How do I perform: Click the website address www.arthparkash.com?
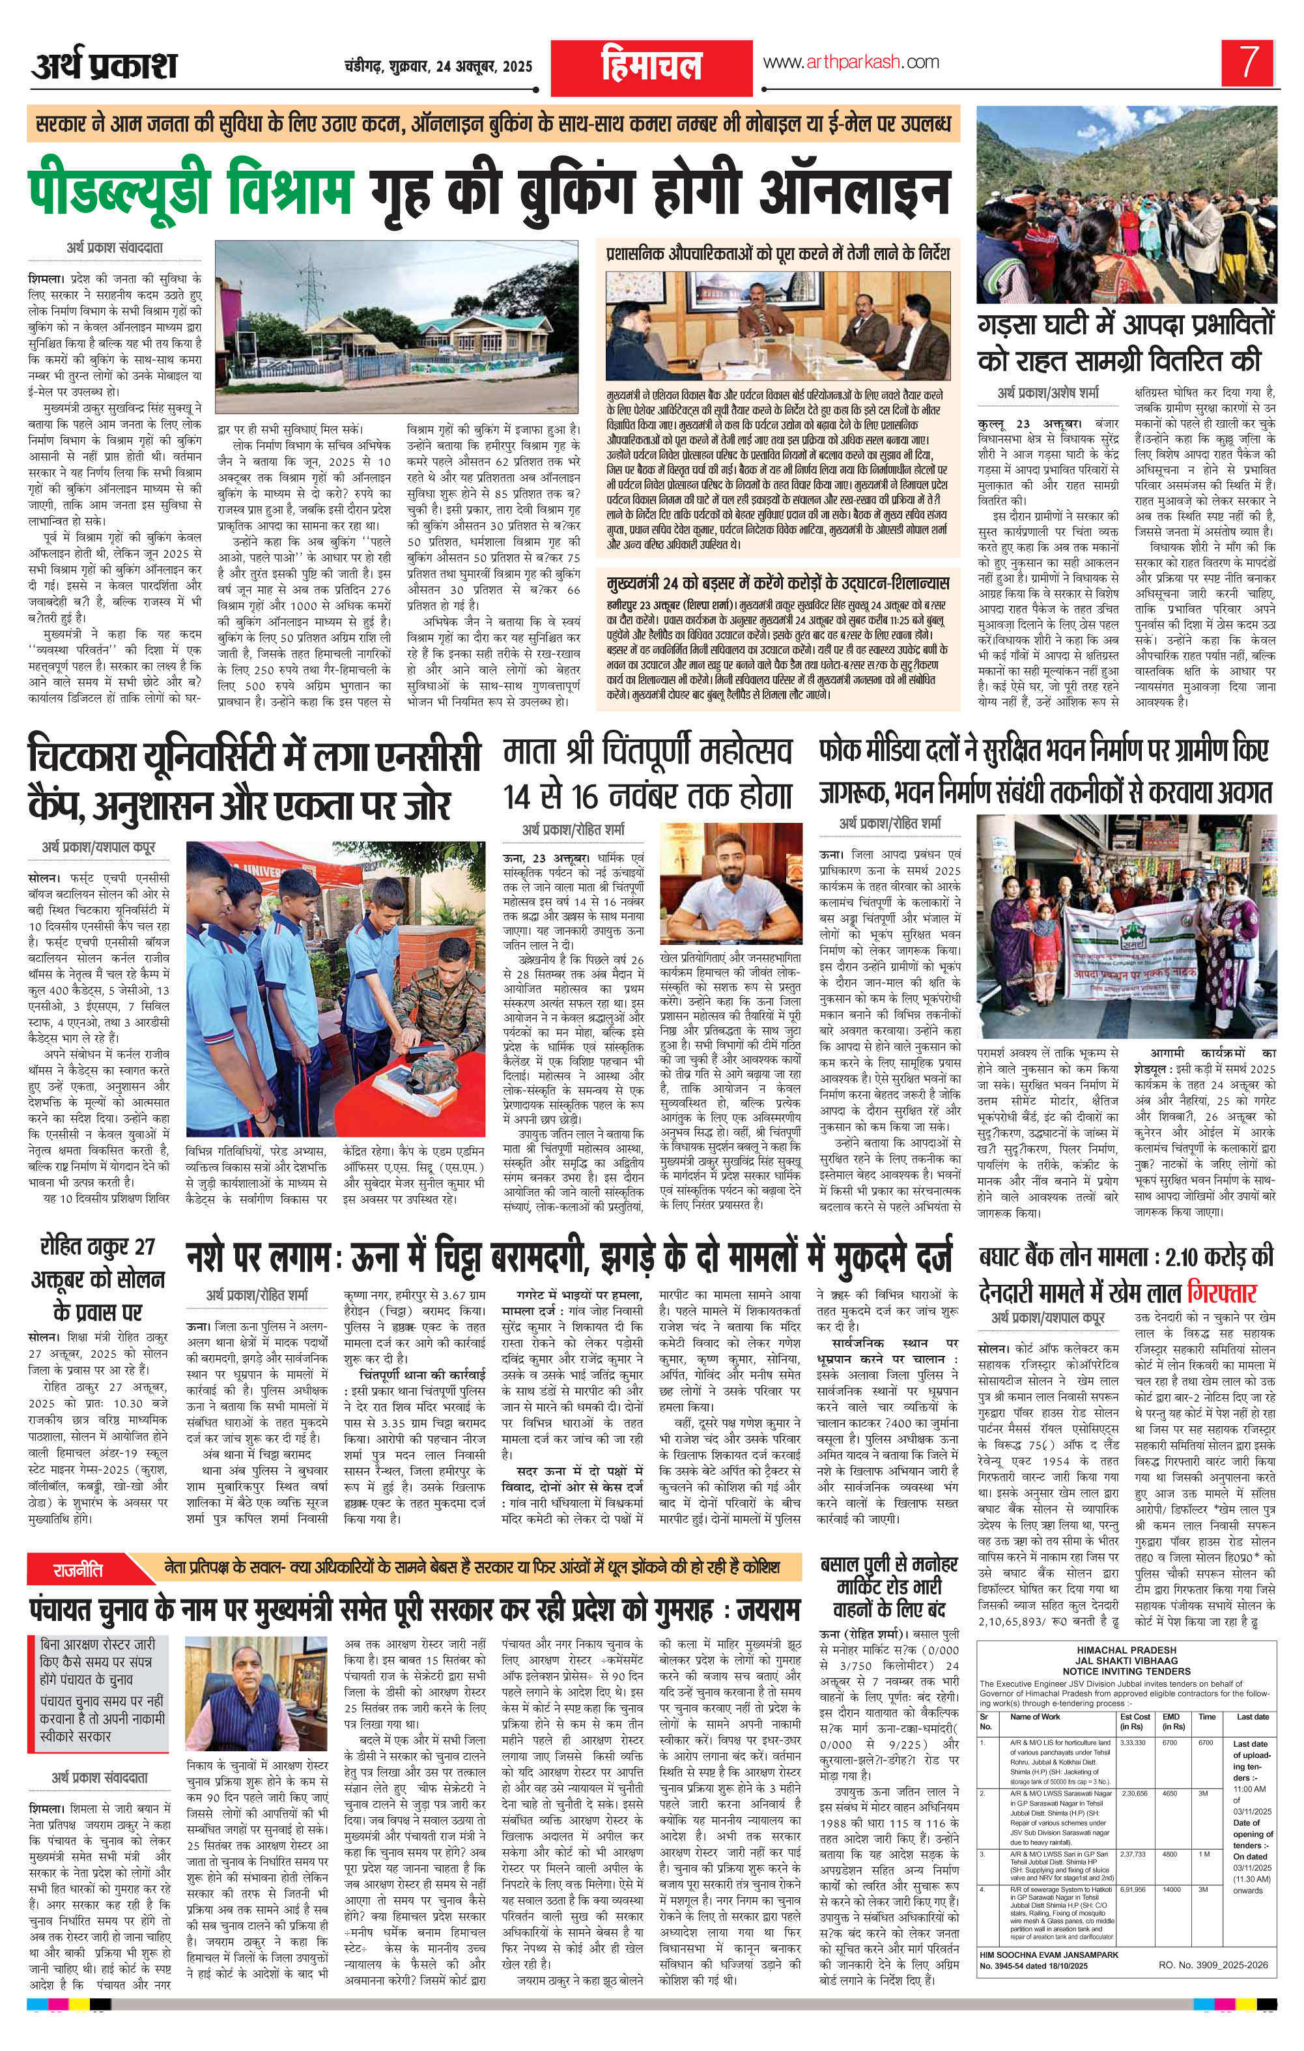[850, 62]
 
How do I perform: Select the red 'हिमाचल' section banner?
[651, 66]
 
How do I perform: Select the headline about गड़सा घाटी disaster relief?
[1126, 343]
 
